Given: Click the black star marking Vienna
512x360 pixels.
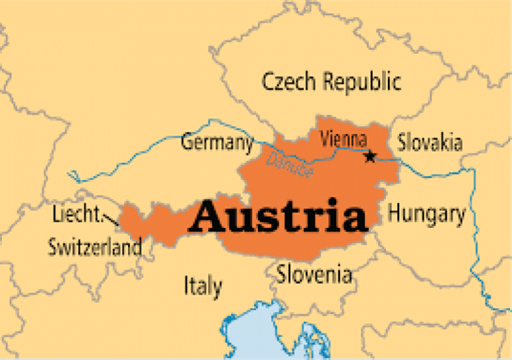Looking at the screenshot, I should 370,157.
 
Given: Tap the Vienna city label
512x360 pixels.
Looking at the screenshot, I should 343,140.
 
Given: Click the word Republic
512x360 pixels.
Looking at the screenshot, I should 363,82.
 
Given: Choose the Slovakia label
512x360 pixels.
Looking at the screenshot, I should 430,142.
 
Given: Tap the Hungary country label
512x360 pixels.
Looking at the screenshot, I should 427,214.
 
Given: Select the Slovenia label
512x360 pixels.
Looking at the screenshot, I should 314,273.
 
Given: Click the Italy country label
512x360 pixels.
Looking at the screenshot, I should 203,287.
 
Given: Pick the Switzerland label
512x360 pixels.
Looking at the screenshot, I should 95,247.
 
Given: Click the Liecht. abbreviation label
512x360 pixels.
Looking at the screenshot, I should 77,215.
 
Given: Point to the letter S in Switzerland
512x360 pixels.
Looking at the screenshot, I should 53,247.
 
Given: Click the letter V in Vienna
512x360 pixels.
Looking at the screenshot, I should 325,140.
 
